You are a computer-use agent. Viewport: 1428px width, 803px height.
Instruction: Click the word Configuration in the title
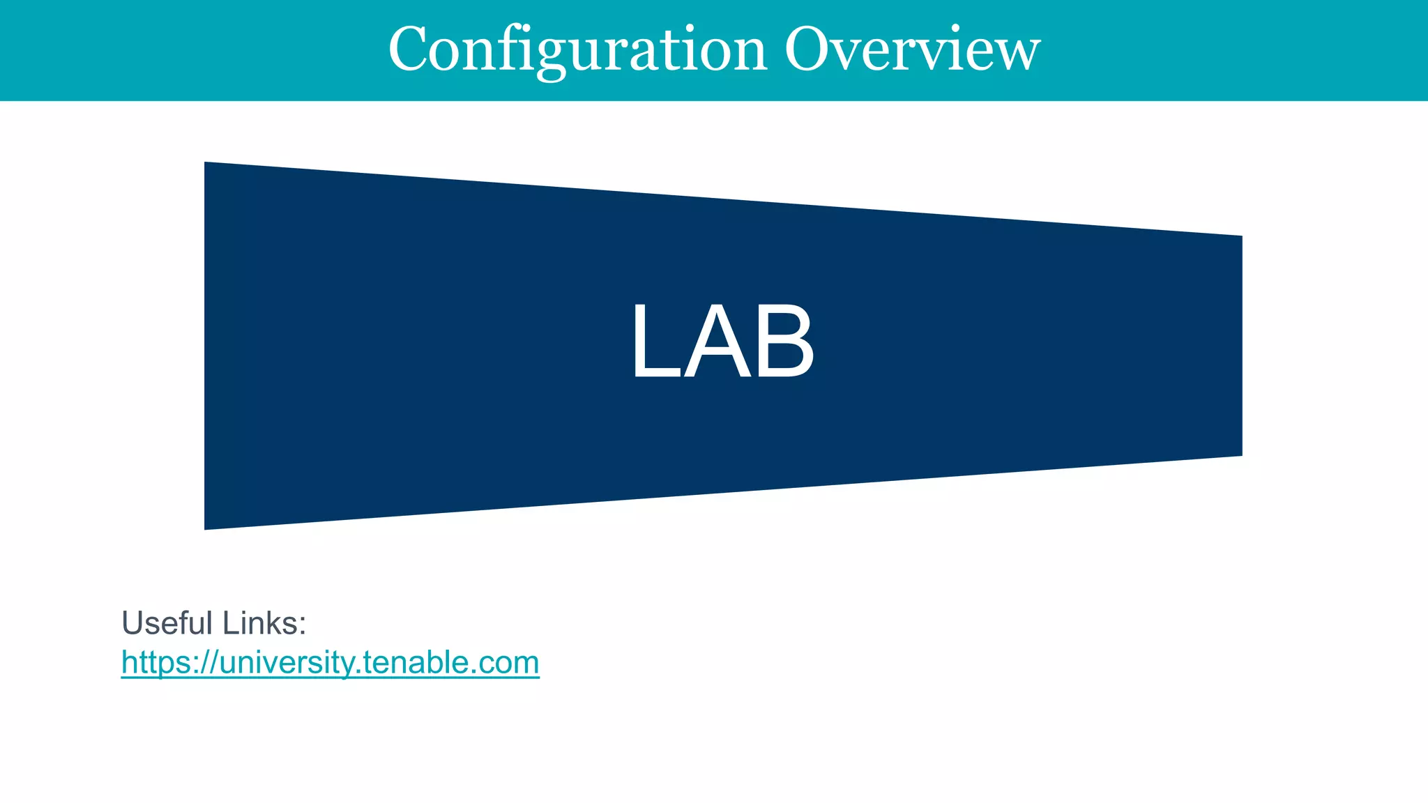click(577, 50)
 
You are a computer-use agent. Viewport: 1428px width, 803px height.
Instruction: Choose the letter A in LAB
click(718, 342)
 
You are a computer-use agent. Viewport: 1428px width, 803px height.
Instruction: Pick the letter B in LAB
click(784, 342)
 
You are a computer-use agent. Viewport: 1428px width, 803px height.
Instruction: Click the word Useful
click(167, 622)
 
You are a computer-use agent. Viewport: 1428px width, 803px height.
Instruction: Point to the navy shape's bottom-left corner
click(206, 528)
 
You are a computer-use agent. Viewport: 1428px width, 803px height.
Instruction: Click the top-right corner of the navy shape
click(1240, 237)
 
